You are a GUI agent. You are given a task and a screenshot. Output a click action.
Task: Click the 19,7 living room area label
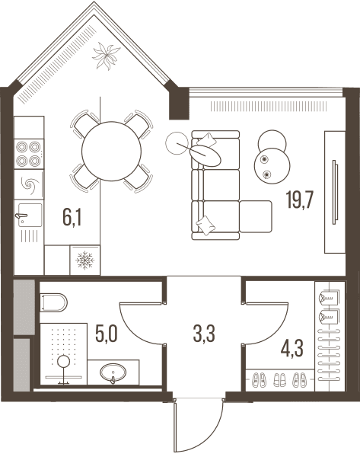299,200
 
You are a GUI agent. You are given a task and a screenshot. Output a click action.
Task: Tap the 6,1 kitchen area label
72,217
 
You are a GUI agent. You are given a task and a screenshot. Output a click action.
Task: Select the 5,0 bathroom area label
107,334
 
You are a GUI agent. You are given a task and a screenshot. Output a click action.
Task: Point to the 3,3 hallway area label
204,334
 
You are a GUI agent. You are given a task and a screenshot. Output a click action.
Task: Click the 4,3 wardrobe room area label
292,348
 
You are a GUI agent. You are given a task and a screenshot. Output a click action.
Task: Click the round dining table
112,152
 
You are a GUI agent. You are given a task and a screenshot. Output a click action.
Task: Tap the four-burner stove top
29,154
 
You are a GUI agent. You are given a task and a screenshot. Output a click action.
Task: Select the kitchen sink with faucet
29,215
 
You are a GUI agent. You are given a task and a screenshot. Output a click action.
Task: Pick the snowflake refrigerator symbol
84,260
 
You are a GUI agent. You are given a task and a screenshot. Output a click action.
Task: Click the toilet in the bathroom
53,302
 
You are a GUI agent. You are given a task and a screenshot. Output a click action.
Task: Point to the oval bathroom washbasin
113,372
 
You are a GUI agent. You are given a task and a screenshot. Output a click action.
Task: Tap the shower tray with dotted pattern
63,354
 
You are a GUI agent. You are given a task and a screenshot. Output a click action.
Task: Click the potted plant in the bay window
106,56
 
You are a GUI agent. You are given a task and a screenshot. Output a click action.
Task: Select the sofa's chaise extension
256,216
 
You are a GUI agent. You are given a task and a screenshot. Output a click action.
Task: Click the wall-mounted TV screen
335,192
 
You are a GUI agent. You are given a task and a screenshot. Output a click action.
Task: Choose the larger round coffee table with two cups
272,165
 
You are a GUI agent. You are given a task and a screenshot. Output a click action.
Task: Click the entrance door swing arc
209,434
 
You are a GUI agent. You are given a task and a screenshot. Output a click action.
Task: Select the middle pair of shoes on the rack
279,380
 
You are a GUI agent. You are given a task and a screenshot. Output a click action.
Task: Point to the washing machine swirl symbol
29,185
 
